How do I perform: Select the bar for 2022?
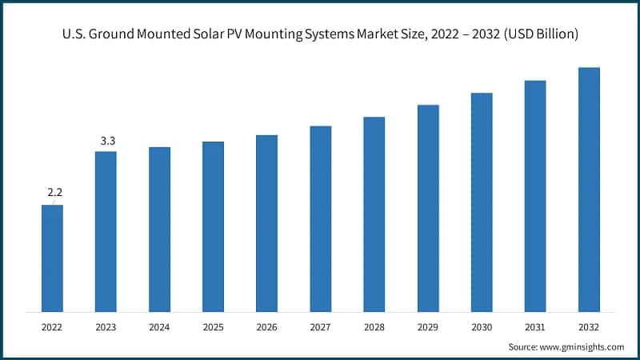[x=52, y=258]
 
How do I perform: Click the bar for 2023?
[x=106, y=231]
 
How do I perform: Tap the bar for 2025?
[x=213, y=226]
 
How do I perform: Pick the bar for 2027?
[x=320, y=218]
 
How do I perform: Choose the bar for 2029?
[x=428, y=208]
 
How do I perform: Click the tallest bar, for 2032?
[x=589, y=190]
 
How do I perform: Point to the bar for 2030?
[x=482, y=202]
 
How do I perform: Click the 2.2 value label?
[x=55, y=193]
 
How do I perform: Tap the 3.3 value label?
[x=107, y=141]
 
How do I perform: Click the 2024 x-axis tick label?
[x=159, y=327]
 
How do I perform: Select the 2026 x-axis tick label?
[x=266, y=327]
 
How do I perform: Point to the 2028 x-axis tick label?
[x=374, y=327]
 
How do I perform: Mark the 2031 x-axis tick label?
[x=535, y=327]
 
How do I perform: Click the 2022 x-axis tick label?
[x=52, y=327]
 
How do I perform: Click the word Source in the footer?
[x=524, y=346]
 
